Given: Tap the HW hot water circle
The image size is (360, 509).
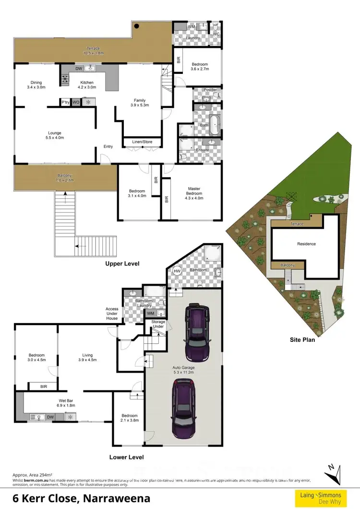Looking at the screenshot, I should [177, 271].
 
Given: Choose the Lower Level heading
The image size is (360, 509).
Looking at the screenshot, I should [126, 457].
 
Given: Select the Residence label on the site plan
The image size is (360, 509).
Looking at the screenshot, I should [306, 244].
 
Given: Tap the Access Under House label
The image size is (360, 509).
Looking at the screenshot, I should [112, 314].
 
